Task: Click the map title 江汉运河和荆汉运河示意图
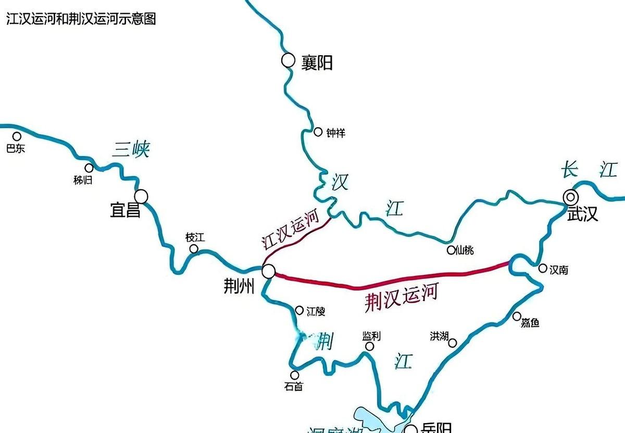pos(81,19)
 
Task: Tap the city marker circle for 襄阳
pos(288,61)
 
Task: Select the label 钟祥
pos(335,134)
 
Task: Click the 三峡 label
pos(130,150)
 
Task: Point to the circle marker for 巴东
pos(17,137)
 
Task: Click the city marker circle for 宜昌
pos(141,196)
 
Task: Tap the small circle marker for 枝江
pos(194,249)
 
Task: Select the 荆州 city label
pos(239,286)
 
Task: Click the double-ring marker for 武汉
pos(571,197)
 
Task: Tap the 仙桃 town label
pos(465,250)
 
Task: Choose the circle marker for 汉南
pos(543,268)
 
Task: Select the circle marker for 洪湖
pos(453,343)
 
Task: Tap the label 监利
pos(371,336)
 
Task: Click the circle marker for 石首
pos(294,375)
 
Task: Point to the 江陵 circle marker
pos(299,310)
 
